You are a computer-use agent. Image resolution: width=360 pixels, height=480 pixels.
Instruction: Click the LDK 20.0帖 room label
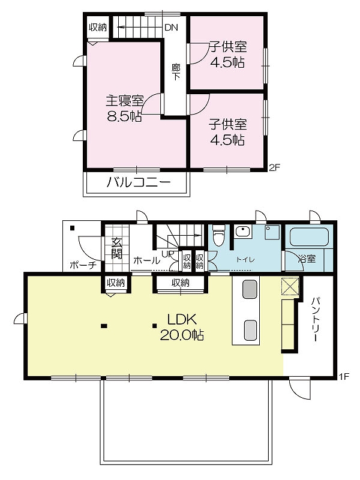pos(182,327)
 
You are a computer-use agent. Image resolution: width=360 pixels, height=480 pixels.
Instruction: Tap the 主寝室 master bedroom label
pos(124,100)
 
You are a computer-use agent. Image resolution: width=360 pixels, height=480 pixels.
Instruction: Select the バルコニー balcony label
pos(139,183)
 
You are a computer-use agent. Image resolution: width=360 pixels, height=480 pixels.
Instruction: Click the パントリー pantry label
pos(316,319)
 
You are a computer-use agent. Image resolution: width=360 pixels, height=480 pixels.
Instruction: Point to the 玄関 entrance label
pos(116,248)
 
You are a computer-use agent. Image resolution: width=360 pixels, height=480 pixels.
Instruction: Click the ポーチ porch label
pos(83,265)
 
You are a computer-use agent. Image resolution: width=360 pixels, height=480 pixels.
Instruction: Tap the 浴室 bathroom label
pos(307,259)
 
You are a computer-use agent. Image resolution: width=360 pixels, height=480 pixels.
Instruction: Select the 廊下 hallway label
pos(176,72)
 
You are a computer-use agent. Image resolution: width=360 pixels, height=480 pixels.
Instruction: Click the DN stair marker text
pos(171,28)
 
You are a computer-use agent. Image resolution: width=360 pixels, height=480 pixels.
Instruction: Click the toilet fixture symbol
pos(218,235)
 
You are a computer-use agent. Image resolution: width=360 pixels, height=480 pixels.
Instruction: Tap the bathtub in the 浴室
pos(309,236)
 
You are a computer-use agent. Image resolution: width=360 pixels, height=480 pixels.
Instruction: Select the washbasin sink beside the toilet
pos(243,231)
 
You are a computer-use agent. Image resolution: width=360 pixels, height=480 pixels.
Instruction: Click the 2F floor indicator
pos(274,167)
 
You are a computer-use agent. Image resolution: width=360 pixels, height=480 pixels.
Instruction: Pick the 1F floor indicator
pos(344,376)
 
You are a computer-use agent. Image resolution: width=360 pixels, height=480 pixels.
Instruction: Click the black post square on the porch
pos(73,228)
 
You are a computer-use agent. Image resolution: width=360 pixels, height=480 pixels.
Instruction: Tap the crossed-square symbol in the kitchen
pos(290,286)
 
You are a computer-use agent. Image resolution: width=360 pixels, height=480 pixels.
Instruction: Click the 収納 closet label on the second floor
pos(98,27)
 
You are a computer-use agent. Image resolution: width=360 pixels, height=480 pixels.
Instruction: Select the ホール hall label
pos(146,260)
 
